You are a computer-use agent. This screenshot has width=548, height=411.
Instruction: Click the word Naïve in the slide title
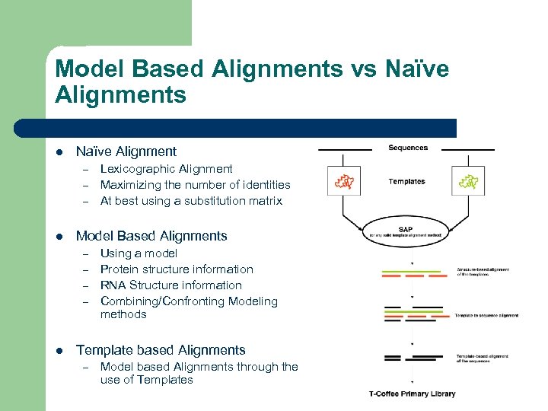pos(411,69)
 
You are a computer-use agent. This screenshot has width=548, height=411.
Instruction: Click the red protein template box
pos(344,181)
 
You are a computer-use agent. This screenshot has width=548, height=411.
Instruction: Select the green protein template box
pos(467,181)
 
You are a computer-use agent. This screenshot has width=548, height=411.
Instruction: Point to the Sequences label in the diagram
pos(407,148)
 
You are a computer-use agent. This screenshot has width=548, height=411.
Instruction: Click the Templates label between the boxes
pos(406,181)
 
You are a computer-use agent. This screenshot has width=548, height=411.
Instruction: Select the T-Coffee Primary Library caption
pos(413,393)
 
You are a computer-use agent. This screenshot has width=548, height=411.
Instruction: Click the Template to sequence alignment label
pos(486,315)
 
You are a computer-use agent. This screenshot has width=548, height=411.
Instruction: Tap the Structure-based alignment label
pos(483,272)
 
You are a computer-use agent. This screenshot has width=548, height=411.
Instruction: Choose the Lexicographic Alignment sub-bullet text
pos(166,169)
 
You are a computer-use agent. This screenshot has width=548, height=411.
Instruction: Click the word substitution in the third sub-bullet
pos(218,201)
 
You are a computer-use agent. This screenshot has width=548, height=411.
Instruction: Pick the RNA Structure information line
pos(170,285)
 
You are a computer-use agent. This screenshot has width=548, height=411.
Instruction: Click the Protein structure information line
pos(177,269)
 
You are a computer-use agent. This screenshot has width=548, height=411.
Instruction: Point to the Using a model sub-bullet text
pos(139,253)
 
